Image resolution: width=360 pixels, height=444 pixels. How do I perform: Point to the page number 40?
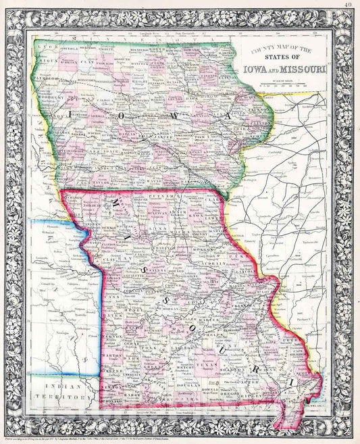346,7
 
